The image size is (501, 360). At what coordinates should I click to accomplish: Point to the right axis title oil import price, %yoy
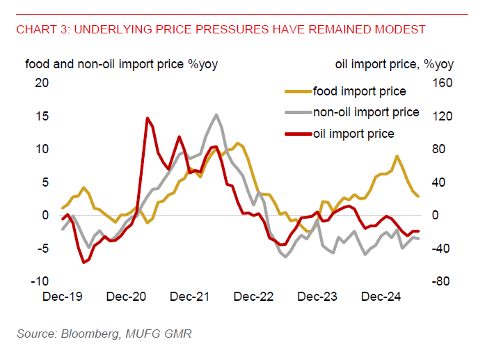pyautogui.click(x=395, y=65)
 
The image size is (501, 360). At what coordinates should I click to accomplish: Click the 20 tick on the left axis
pyautogui.click(x=42, y=83)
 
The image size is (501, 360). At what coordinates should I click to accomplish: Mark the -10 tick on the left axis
pyautogui.click(x=40, y=281)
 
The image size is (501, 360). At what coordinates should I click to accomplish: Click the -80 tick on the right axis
pyautogui.click(x=443, y=281)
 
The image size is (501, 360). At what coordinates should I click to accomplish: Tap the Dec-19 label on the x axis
pyautogui.click(x=62, y=297)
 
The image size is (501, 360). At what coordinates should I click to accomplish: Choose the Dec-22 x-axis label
pyautogui.click(x=254, y=297)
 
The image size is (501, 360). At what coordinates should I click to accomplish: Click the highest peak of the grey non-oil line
pyautogui.click(x=217, y=115)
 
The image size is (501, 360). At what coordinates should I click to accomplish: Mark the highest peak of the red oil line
pyautogui.click(x=148, y=118)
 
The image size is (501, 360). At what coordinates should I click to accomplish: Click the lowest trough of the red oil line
pyautogui.click(x=83, y=263)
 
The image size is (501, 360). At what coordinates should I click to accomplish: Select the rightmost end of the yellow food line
pyautogui.click(x=418, y=196)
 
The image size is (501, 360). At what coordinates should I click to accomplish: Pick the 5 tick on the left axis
pyautogui.click(x=46, y=182)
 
